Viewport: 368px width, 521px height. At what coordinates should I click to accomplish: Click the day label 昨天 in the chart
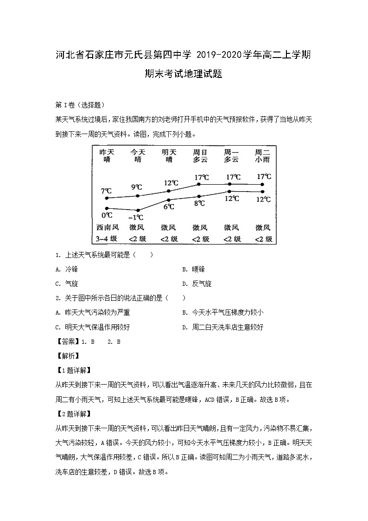pos(107,152)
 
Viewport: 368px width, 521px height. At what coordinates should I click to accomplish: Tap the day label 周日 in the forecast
pos(200,152)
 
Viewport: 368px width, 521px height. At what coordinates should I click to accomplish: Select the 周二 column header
pos(263,152)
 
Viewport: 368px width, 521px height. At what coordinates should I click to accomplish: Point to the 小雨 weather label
pos(263,160)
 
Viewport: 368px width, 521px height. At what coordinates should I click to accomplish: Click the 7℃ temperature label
pos(107,191)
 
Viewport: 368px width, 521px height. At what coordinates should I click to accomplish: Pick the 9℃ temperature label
pos(137,187)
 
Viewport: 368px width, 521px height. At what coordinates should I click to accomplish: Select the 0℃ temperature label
pos(107,215)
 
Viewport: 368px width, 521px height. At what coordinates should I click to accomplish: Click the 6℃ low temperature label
pos(169,207)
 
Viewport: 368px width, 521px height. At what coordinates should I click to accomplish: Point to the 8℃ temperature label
pos(200,203)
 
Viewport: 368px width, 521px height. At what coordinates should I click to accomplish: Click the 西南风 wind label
pos(108,228)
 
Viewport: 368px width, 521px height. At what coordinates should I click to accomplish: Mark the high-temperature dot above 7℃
pos(107,198)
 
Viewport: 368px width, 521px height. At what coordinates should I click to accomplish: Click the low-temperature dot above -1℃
pos(138,210)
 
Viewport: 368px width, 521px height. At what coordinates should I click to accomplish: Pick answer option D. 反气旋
pos(197,283)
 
